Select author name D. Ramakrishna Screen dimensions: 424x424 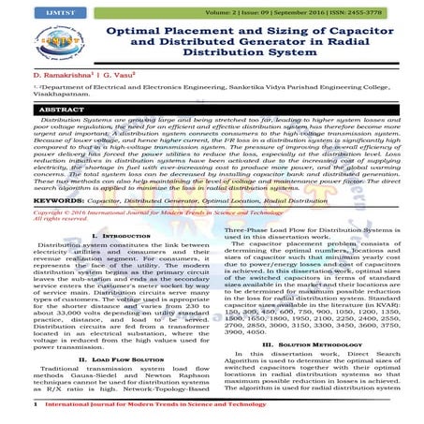[53, 97]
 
